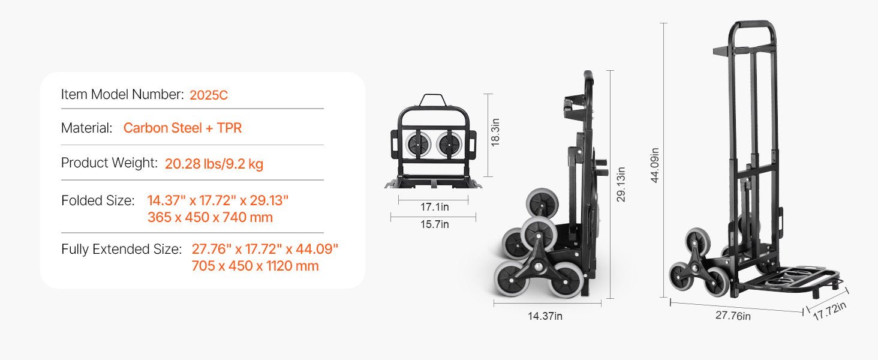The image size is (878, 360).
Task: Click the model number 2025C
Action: (209, 95)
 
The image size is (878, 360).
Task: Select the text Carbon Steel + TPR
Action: (182, 128)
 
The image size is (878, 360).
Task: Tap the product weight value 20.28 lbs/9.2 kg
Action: (214, 164)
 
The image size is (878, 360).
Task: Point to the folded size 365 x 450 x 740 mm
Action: (210, 217)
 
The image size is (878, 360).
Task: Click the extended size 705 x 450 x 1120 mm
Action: (255, 266)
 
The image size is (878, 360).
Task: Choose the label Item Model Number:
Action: (122, 95)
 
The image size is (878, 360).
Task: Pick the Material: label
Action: (86, 128)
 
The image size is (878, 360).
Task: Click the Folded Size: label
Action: (98, 200)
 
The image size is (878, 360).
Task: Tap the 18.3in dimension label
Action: (495, 133)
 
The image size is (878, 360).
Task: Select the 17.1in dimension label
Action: (435, 206)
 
